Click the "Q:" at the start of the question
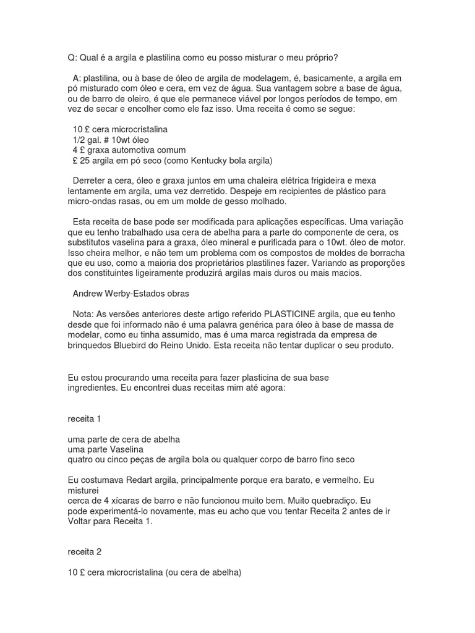pos(72,57)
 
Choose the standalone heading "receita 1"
pos(84,418)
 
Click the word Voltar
pos(80,520)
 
